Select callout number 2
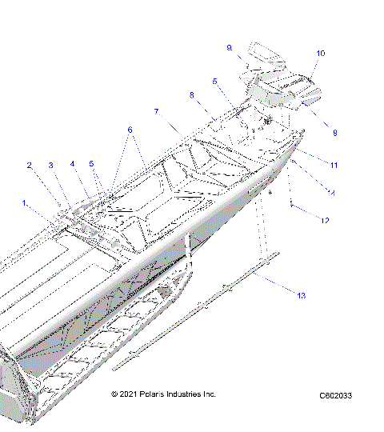[x=30, y=166]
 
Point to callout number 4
[x=72, y=164]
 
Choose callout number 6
[x=130, y=130]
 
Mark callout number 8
[x=192, y=95]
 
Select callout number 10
[x=321, y=54]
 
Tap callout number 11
[x=334, y=165]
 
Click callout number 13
[x=301, y=296]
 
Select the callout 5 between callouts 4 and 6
[x=91, y=164]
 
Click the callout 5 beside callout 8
[x=215, y=81]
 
